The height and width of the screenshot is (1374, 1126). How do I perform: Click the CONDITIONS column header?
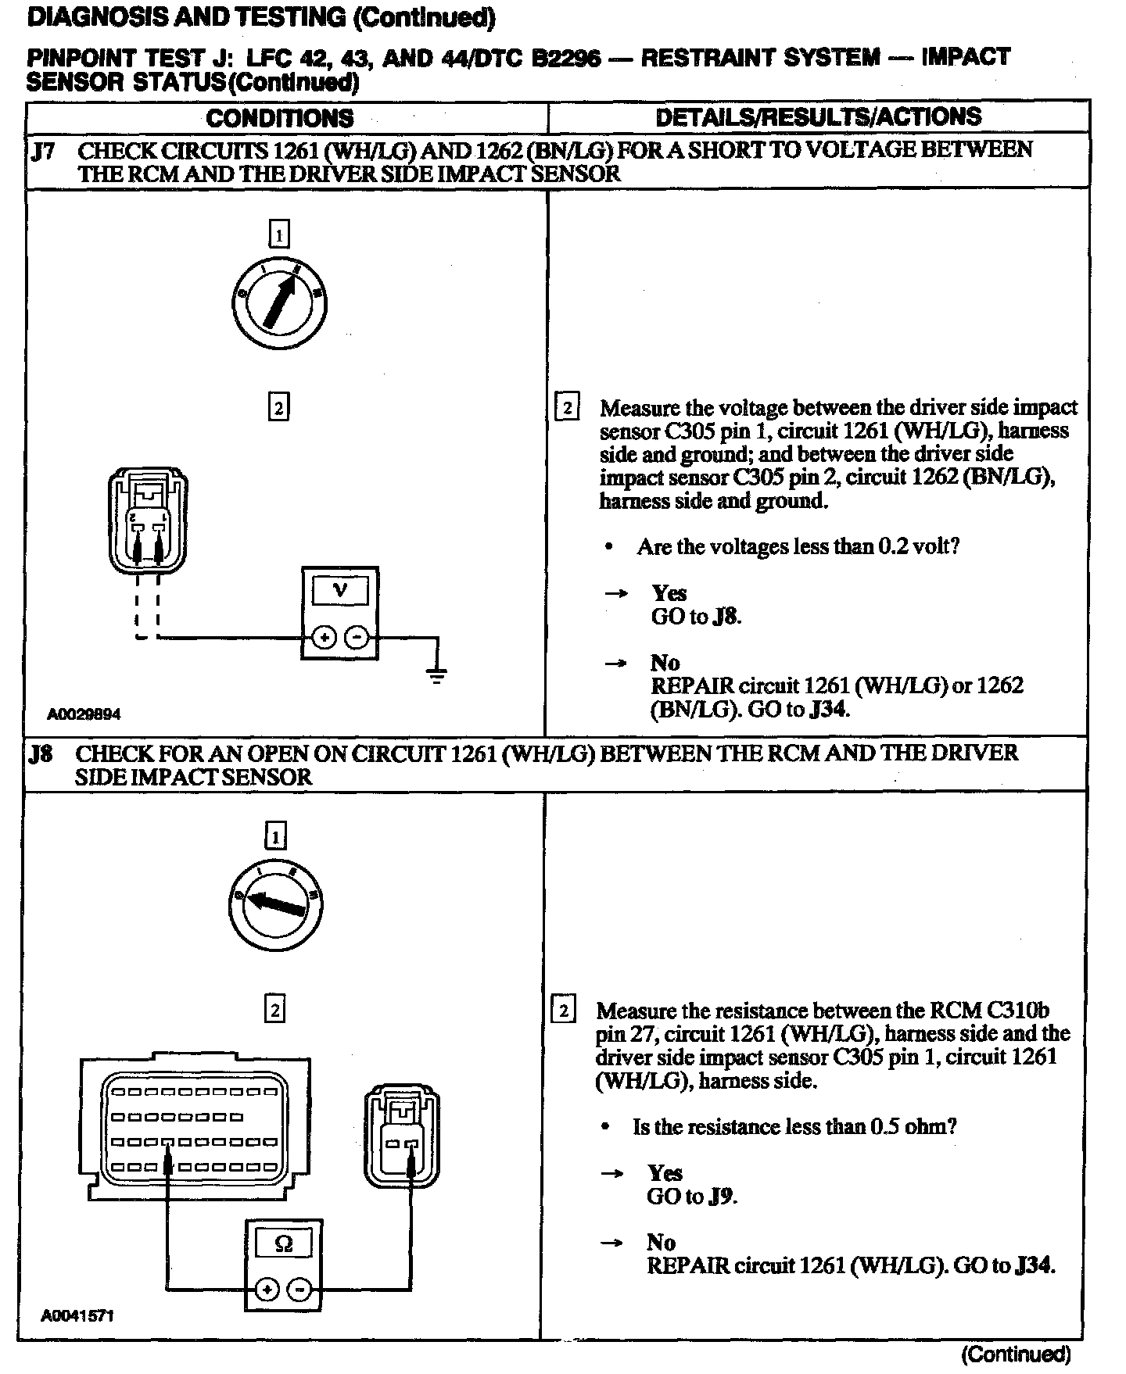pos(279,118)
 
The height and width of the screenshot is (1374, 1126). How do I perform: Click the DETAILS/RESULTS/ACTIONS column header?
pos(818,117)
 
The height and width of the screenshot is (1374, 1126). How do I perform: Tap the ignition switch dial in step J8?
pos(275,906)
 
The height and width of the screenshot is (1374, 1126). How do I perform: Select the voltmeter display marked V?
pos(339,590)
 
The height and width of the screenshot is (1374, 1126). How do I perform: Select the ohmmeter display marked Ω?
pos(284,1244)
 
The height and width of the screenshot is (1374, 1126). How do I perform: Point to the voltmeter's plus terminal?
pos(324,639)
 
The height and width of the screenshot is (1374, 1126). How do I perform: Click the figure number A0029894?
pos(84,714)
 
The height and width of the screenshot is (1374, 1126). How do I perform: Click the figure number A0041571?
pos(77,1315)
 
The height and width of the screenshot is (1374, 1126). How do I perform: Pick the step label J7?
pos(42,151)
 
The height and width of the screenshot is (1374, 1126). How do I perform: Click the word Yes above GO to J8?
pos(669,593)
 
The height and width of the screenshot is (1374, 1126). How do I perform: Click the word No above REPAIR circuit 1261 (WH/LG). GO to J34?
pos(661,1242)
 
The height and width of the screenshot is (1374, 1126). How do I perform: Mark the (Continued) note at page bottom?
pos(1016,1354)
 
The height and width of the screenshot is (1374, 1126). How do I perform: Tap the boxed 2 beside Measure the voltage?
pos(566,407)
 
